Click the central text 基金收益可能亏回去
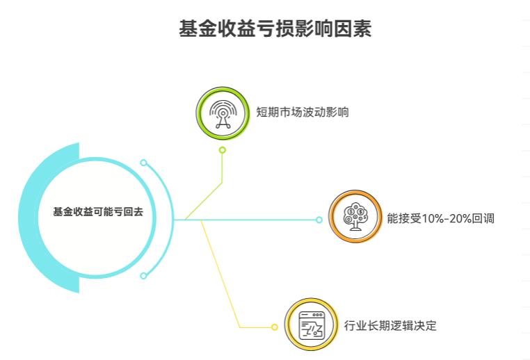coord(98,213)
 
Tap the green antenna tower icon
coord(222,113)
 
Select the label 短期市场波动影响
coord(302,113)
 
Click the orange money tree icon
coord(354,218)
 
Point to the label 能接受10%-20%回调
coord(440,218)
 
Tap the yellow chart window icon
coord(311,325)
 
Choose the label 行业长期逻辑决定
coord(390,325)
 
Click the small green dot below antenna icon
coord(222,150)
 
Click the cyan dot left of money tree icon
coord(319,220)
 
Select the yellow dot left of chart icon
coord(274,327)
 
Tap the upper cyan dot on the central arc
coord(143,163)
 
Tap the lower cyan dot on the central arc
coord(143,276)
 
